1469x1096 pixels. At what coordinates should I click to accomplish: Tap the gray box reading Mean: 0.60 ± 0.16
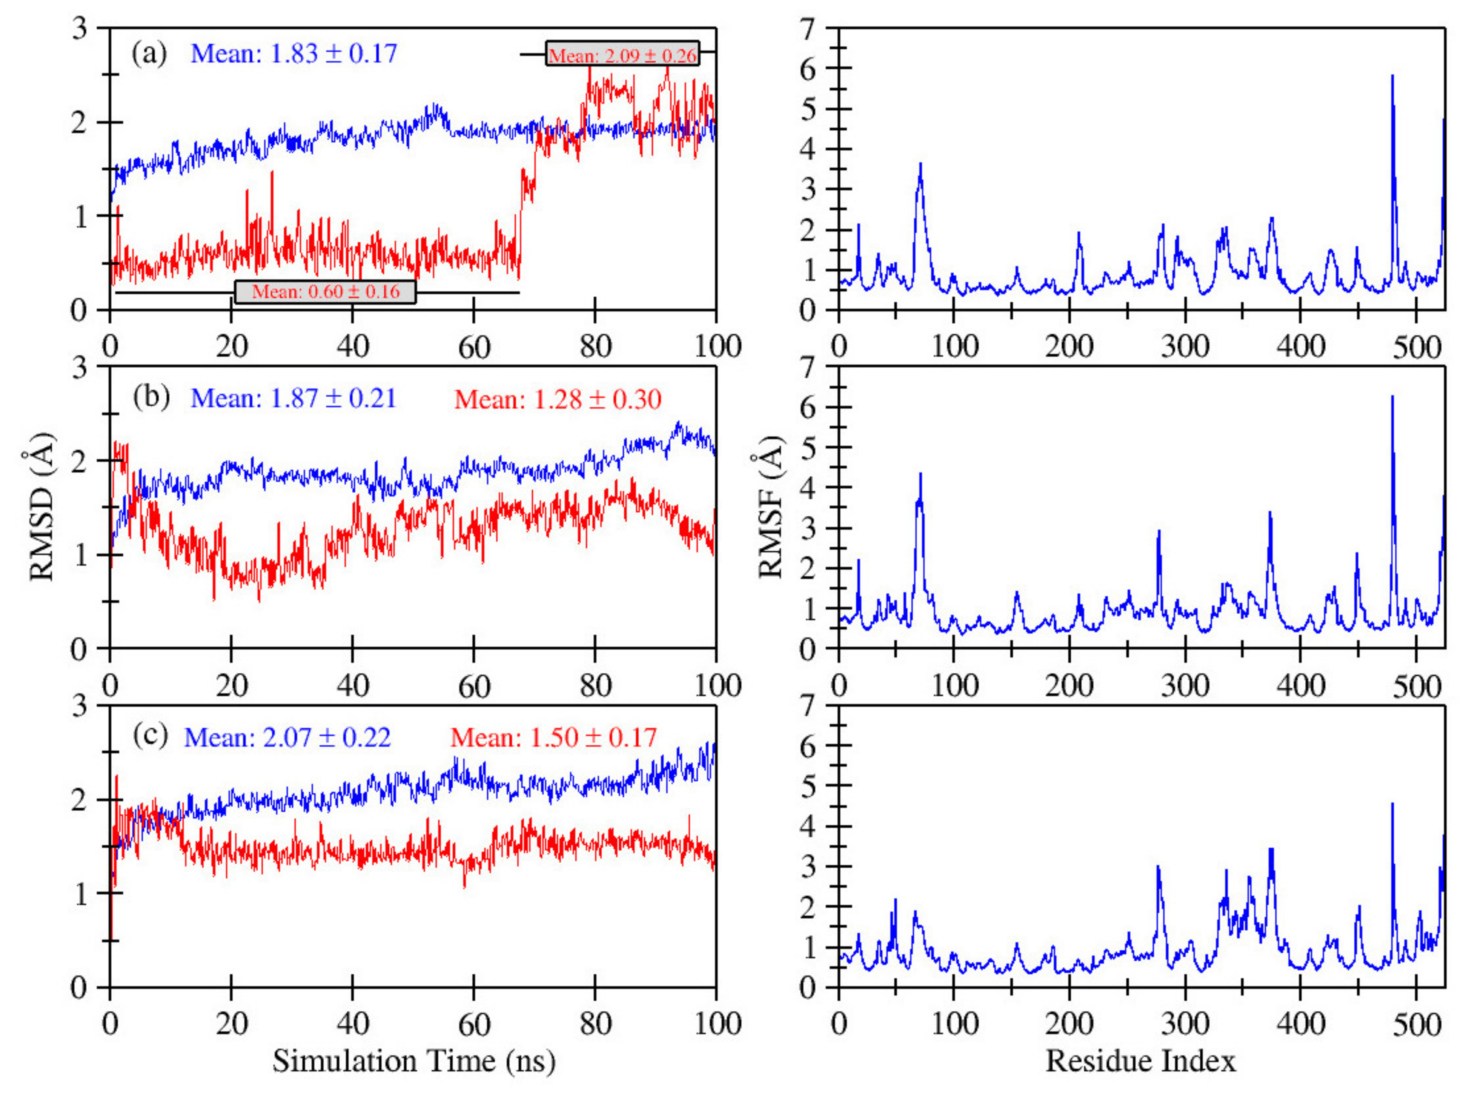(x=325, y=291)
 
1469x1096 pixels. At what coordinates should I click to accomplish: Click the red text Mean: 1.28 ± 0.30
(x=557, y=399)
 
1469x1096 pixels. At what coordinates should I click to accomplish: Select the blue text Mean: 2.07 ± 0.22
(x=287, y=737)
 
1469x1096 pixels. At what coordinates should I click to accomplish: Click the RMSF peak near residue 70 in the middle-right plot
(x=920, y=475)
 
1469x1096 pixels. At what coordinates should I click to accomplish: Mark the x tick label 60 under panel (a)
(x=473, y=346)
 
